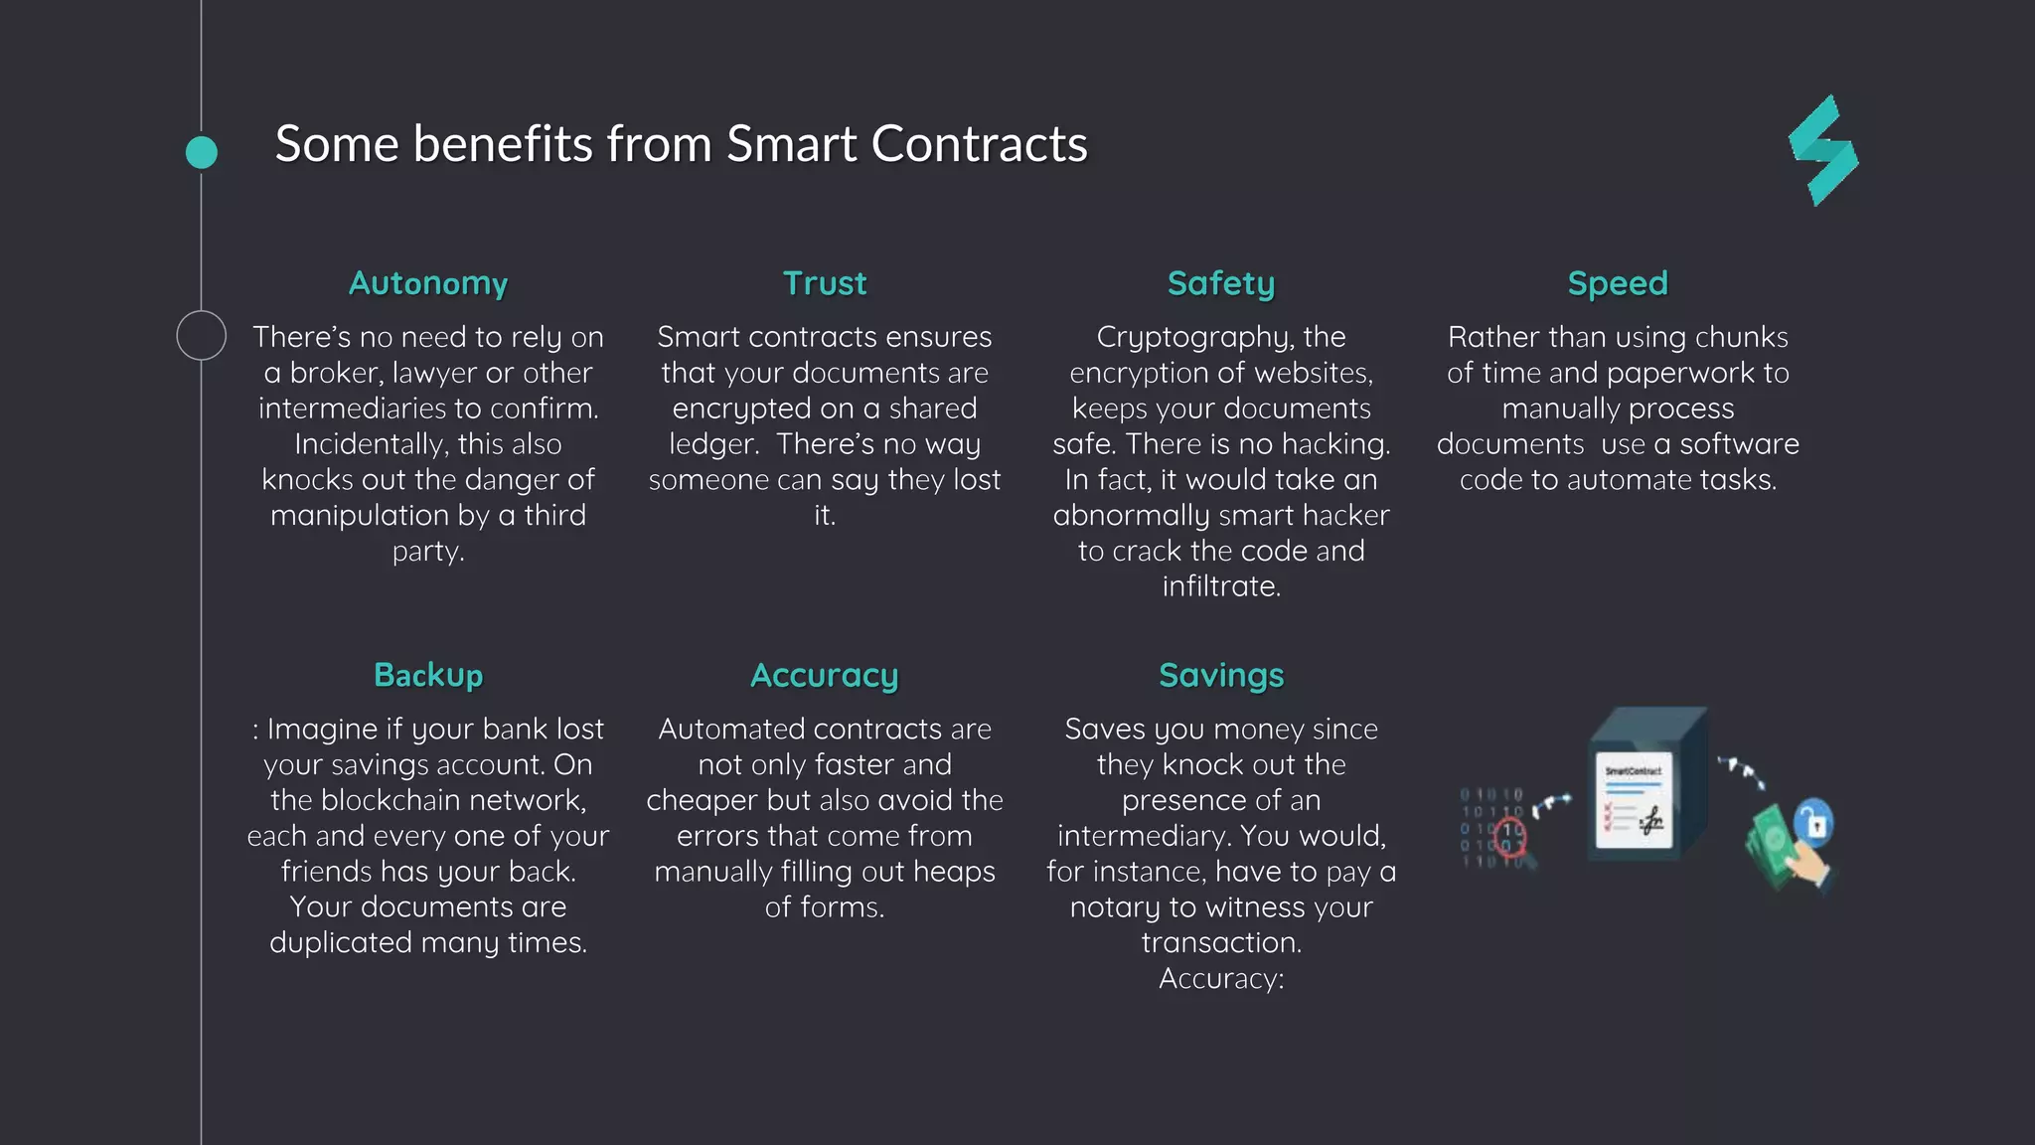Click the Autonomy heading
[x=428, y=283]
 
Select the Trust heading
[x=825, y=283]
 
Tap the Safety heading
[x=1221, y=283]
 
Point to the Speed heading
[x=1618, y=283]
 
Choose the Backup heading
[x=428, y=675]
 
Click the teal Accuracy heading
[x=825, y=675]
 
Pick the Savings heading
[x=1221, y=675]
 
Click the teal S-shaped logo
[x=1823, y=151]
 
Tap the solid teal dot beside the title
[x=202, y=152]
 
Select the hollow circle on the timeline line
[x=202, y=335]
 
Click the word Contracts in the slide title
[x=980, y=144]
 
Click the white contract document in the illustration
[x=1634, y=801]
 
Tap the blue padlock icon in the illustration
[x=1815, y=823]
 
